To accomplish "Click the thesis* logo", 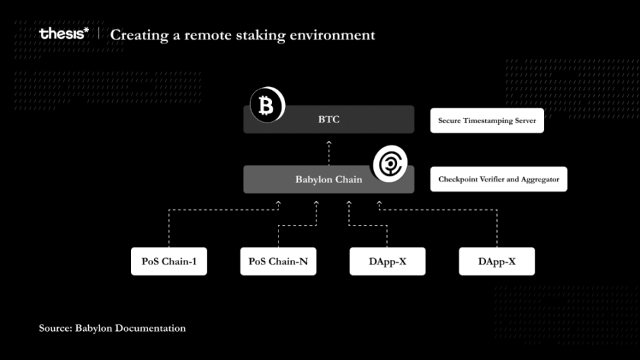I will pos(64,34).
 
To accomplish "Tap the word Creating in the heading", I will pos(138,35).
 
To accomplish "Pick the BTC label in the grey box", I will pos(329,120).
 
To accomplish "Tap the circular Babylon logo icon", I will pos(390,165).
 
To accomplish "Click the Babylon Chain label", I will pos(328,179).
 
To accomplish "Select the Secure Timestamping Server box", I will pos(487,121).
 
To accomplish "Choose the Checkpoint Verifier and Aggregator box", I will pos(498,179).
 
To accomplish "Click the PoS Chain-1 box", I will pos(169,261).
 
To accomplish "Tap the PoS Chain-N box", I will pos(278,261).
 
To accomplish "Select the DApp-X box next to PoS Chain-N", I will pos(387,261).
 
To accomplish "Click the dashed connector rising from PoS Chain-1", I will pos(169,227).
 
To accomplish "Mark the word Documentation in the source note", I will pos(151,328).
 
